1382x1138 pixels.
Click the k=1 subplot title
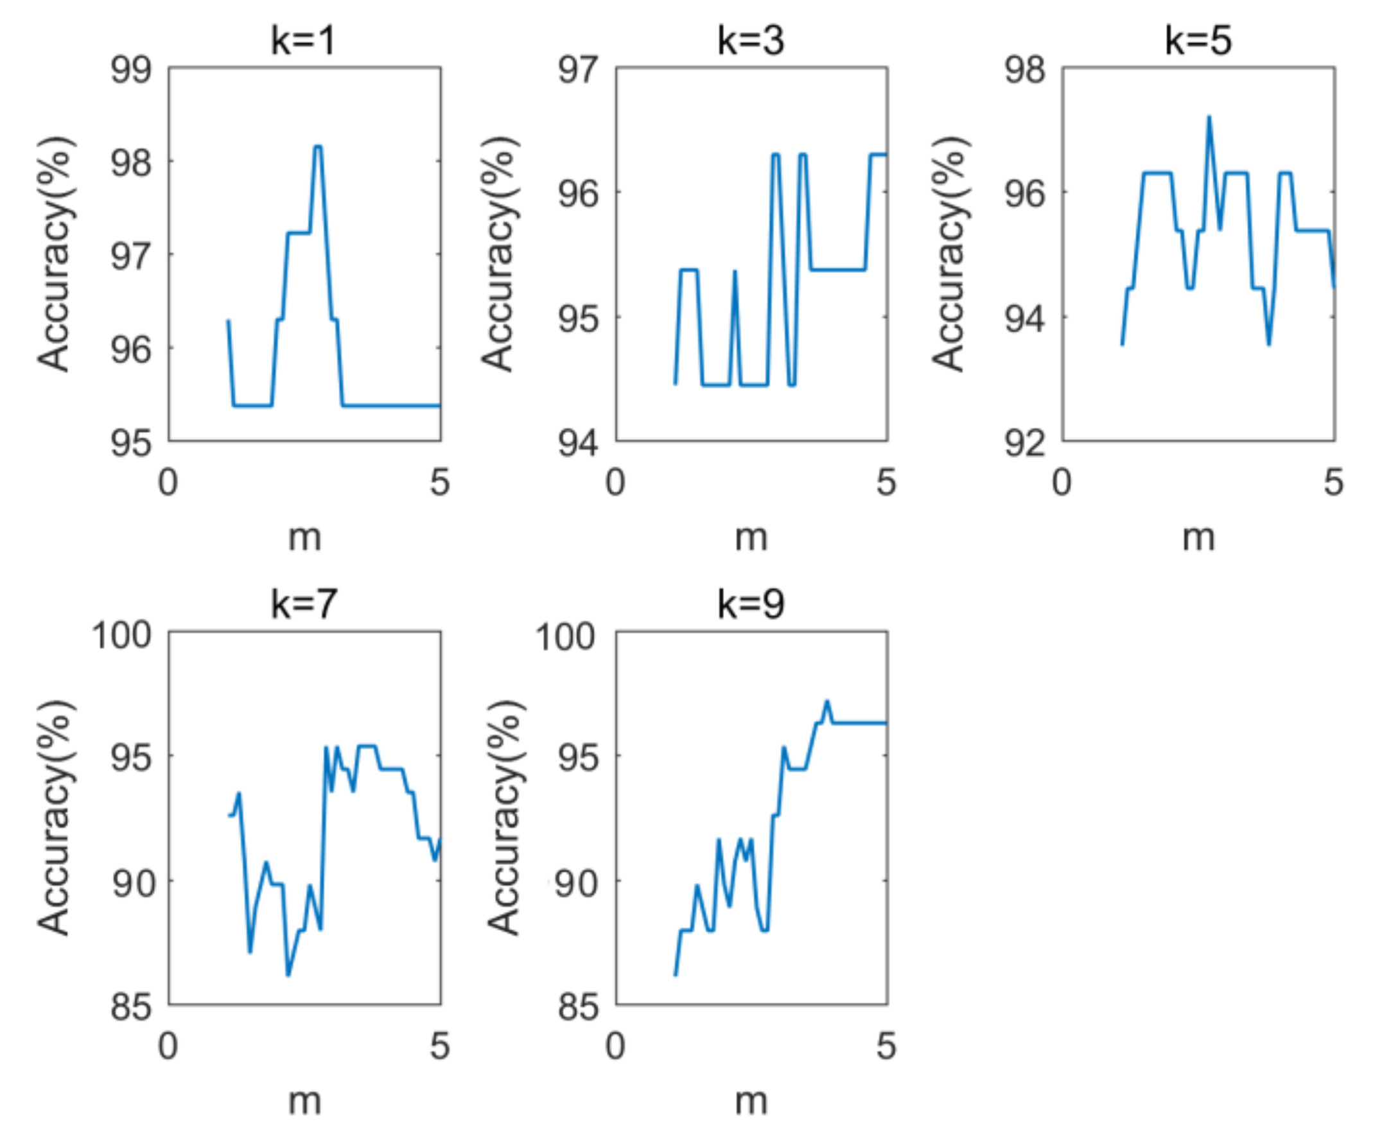click(x=304, y=40)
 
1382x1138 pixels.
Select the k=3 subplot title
click(x=751, y=40)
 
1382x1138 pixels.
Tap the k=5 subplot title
click(x=1198, y=40)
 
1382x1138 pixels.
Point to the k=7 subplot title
click(x=304, y=604)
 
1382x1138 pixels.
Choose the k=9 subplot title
click(x=751, y=604)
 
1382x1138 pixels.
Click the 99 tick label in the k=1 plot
click(x=130, y=69)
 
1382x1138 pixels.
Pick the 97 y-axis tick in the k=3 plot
click(x=577, y=69)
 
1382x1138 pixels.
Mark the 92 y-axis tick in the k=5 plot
click(x=1025, y=443)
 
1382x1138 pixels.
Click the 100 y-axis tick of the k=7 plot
click(x=121, y=635)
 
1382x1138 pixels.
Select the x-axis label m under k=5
click(x=1198, y=538)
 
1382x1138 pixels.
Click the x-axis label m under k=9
click(x=751, y=1102)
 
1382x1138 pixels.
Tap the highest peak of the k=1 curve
click(x=318, y=146)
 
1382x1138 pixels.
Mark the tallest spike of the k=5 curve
click(x=1209, y=118)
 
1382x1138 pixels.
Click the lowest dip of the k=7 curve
click(x=288, y=975)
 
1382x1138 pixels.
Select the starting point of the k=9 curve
click(x=675, y=975)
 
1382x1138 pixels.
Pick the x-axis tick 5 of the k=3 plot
click(x=886, y=482)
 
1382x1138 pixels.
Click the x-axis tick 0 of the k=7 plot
click(x=168, y=1046)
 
